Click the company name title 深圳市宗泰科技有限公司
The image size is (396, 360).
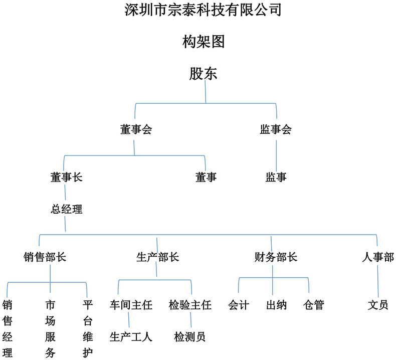[203, 10]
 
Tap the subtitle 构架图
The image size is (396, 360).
[204, 42]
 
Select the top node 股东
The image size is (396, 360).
[204, 74]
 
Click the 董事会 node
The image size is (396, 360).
[136, 129]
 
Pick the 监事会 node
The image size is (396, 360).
[276, 129]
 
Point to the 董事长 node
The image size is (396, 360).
[67, 177]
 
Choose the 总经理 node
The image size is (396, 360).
[67, 209]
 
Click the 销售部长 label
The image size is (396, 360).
[45, 257]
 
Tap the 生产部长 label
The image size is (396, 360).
[157, 257]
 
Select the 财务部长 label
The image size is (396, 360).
[276, 257]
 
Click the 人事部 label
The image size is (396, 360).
[378, 257]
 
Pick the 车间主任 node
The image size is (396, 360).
[131, 305]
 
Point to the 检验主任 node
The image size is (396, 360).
[190, 305]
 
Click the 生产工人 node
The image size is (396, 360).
[131, 337]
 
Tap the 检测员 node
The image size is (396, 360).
[189, 337]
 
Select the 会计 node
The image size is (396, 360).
[239, 305]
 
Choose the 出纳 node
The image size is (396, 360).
[276, 305]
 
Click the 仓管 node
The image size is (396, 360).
[314, 305]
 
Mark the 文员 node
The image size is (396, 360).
[378, 305]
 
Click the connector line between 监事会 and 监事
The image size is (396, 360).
[276, 156]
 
